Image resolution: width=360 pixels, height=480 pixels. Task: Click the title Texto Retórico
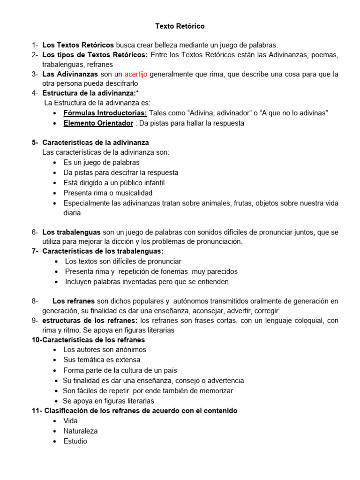click(180, 26)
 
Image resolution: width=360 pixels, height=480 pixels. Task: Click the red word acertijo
click(136, 74)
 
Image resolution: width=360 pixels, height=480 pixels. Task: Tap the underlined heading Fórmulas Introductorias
click(105, 113)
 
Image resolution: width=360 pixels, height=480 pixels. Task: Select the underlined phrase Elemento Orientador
click(98, 123)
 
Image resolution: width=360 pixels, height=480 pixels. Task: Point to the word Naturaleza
click(81, 431)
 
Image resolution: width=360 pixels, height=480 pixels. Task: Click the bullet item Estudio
click(75, 441)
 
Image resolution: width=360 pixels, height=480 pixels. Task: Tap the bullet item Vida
click(70, 420)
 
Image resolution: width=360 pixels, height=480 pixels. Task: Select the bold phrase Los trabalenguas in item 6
click(71, 232)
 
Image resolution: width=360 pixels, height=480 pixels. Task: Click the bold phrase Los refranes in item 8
click(74, 301)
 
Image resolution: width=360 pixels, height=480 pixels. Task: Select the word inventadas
click(137, 282)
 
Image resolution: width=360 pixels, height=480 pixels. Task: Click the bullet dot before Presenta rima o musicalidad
click(55, 193)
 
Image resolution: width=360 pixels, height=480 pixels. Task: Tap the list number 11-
click(37, 411)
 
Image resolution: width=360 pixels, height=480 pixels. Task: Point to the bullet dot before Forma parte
click(55, 370)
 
